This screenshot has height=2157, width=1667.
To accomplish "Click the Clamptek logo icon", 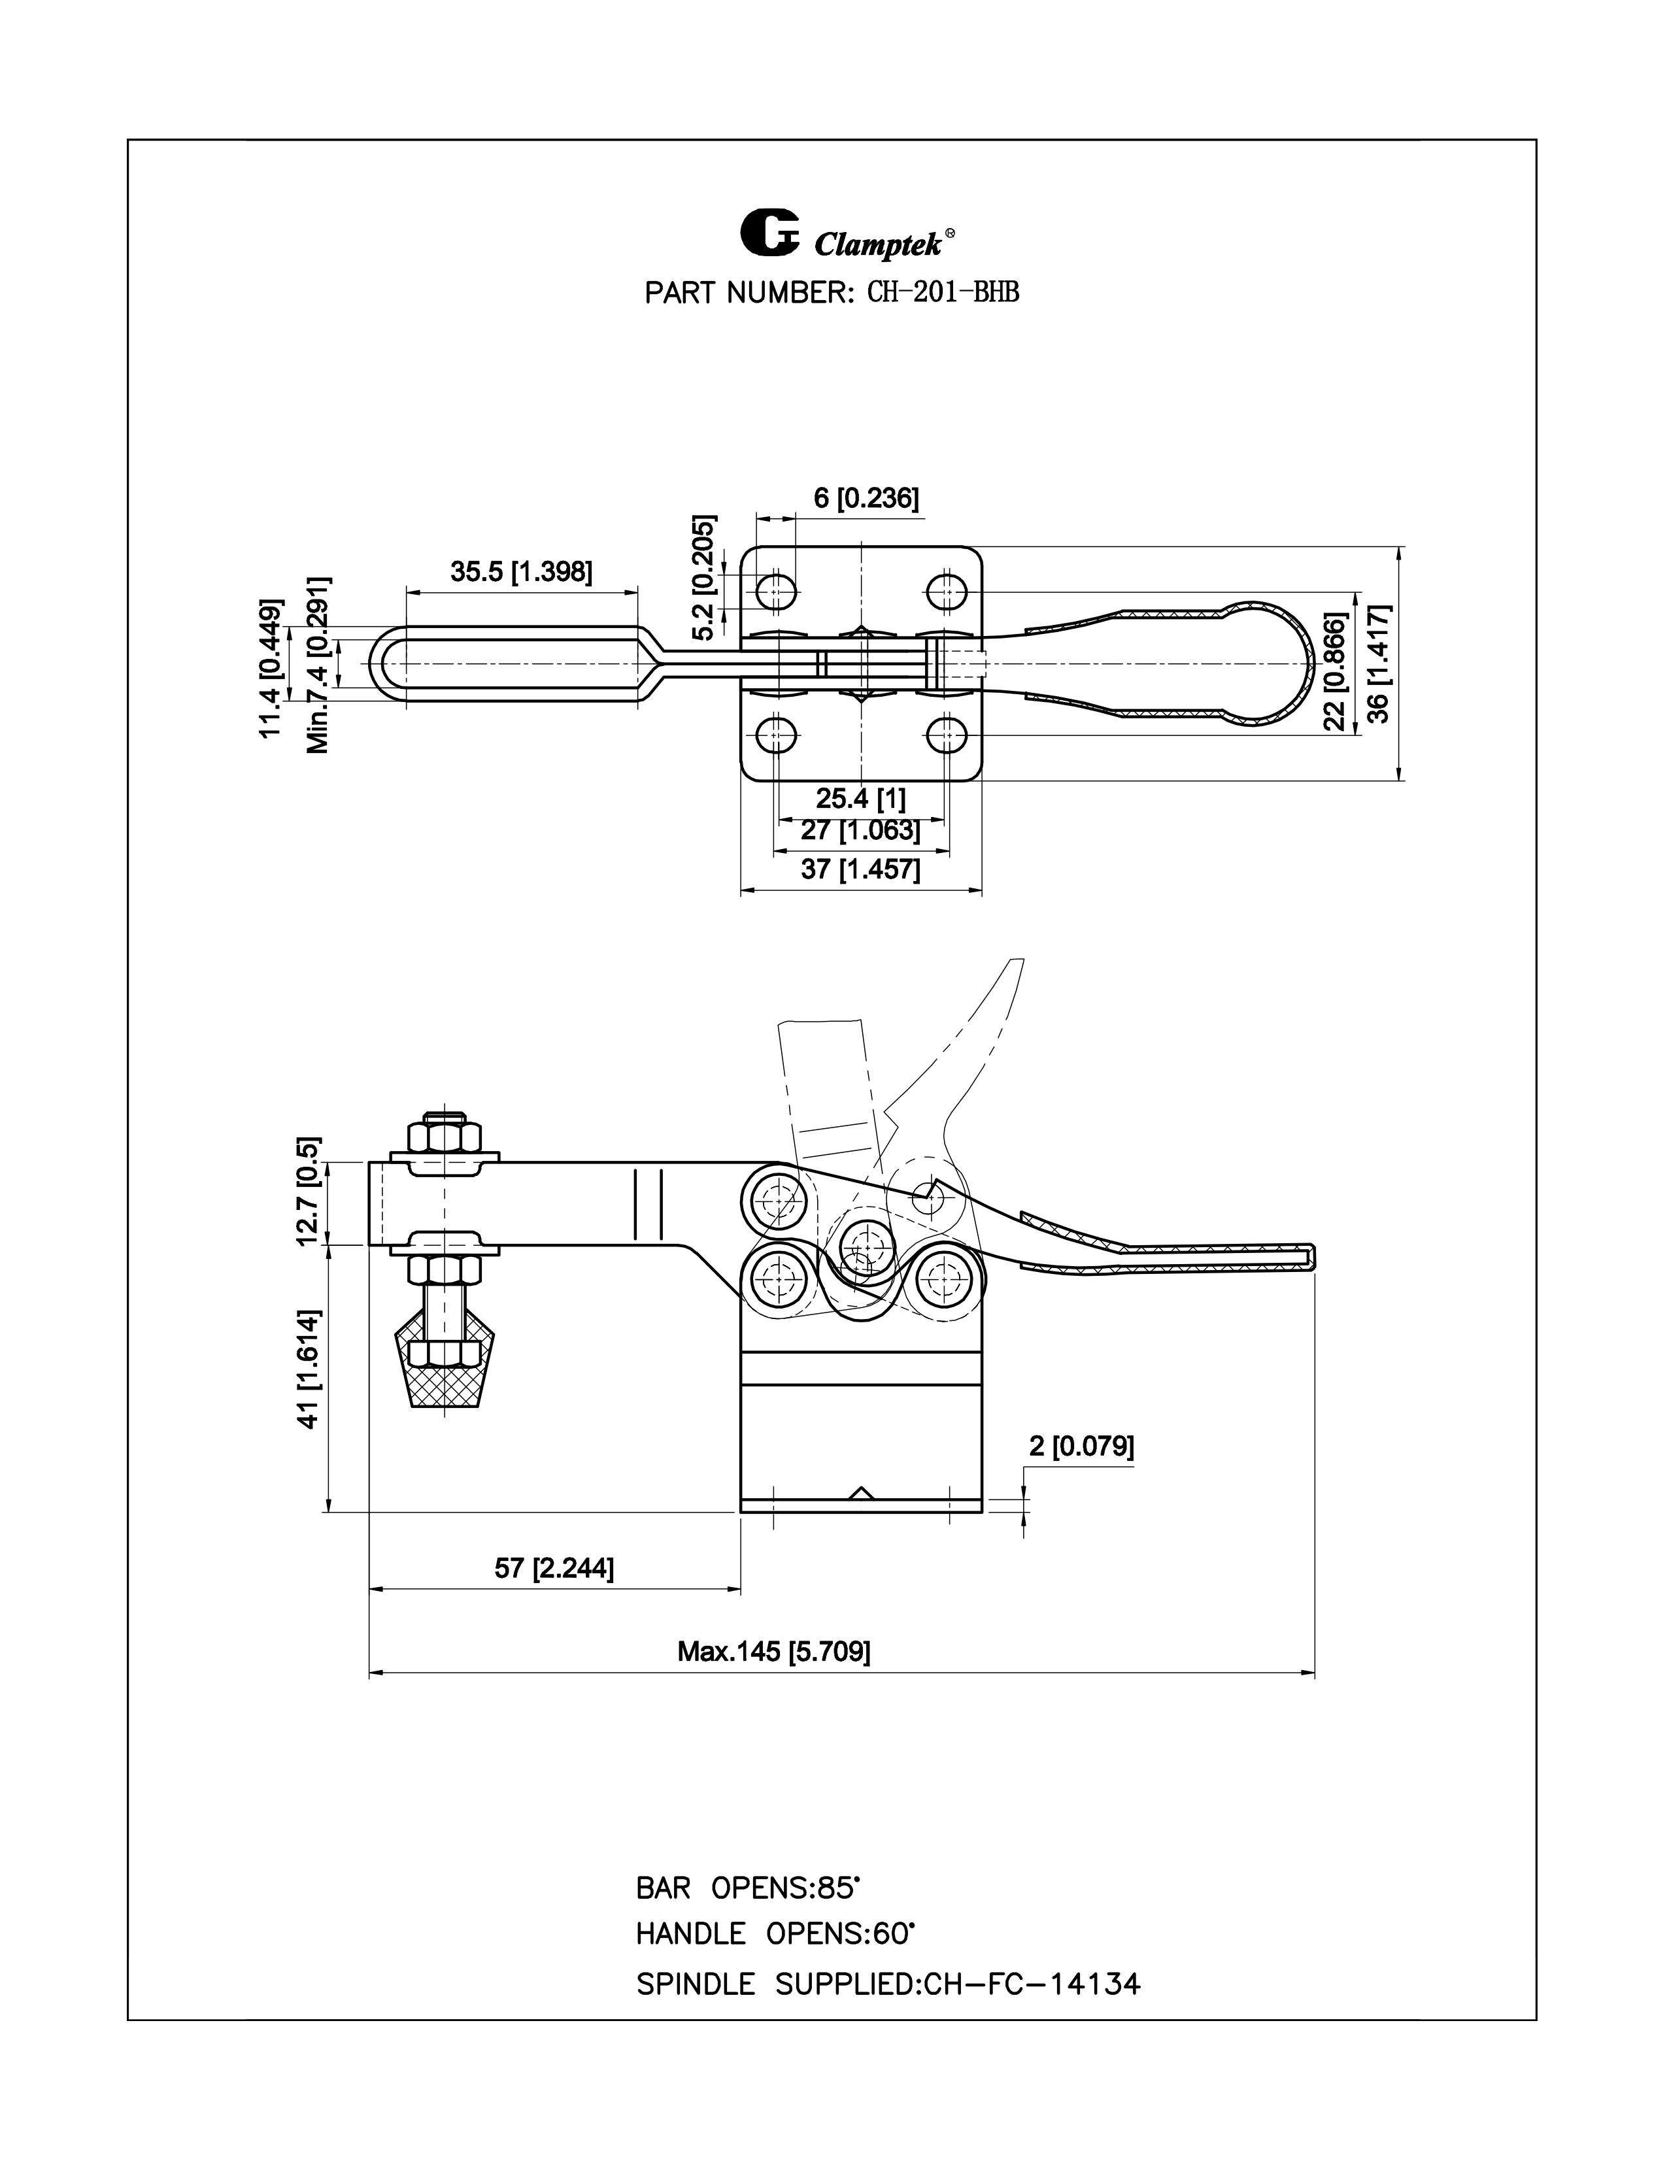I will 769,234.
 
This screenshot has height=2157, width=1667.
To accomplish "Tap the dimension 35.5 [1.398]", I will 522,572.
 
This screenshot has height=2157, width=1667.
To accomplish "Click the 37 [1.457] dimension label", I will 860,870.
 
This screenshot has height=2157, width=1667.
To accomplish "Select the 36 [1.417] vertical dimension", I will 1379,663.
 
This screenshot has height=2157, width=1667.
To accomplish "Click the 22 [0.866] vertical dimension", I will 1335,671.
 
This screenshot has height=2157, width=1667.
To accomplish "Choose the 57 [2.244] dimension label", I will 554,1568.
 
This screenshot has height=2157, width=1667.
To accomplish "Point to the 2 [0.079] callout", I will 1081,1447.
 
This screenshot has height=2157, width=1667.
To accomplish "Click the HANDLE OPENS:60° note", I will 775,1934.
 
